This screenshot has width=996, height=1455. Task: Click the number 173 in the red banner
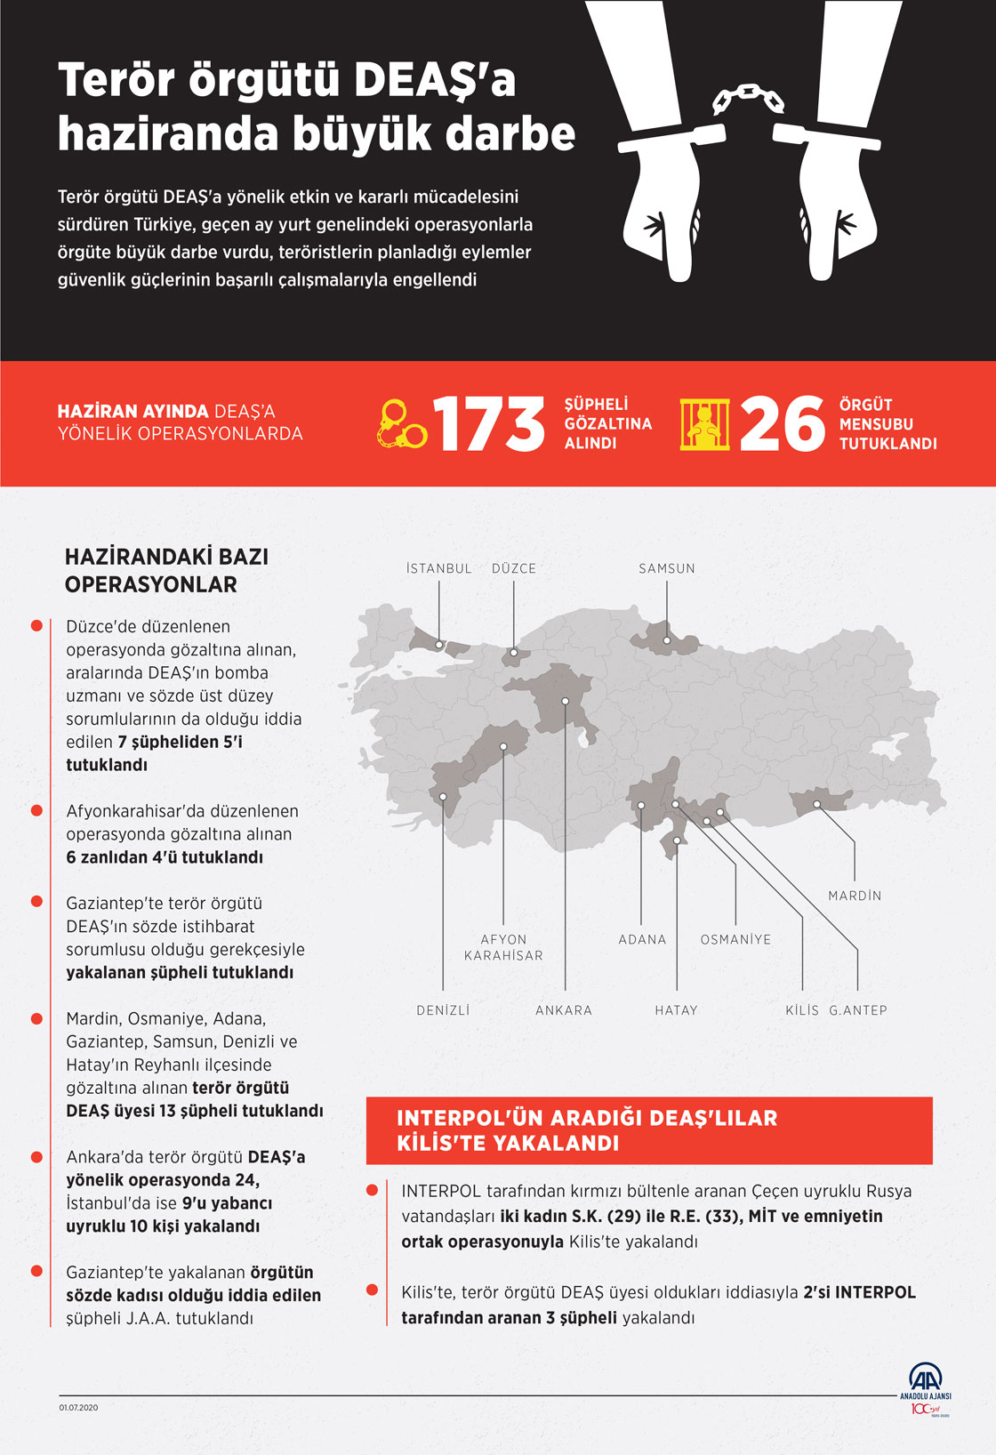tap(488, 424)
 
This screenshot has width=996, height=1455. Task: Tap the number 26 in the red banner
tap(783, 424)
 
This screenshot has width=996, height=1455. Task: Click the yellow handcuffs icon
tap(402, 423)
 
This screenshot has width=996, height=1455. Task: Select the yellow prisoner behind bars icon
tap(704, 423)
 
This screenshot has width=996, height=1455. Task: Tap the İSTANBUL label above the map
tap(438, 568)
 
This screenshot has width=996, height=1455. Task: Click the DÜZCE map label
tap(514, 568)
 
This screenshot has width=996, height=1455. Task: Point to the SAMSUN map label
tap(667, 568)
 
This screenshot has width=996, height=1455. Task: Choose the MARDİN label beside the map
tap(855, 896)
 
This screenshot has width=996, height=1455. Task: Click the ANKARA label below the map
tap(564, 1010)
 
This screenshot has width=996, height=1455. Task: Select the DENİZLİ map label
tap(443, 1010)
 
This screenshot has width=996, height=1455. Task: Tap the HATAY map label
tap(677, 1010)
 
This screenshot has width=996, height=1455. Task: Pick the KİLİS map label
tap(802, 1010)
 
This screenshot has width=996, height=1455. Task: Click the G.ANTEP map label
tap(858, 1010)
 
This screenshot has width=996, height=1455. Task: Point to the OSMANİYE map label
tap(735, 939)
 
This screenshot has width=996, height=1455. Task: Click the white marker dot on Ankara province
tap(566, 702)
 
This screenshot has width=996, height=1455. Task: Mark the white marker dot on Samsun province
tap(667, 639)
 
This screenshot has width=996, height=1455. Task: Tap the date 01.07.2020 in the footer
tap(78, 1408)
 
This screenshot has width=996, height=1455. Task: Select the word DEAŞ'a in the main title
tap(435, 81)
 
